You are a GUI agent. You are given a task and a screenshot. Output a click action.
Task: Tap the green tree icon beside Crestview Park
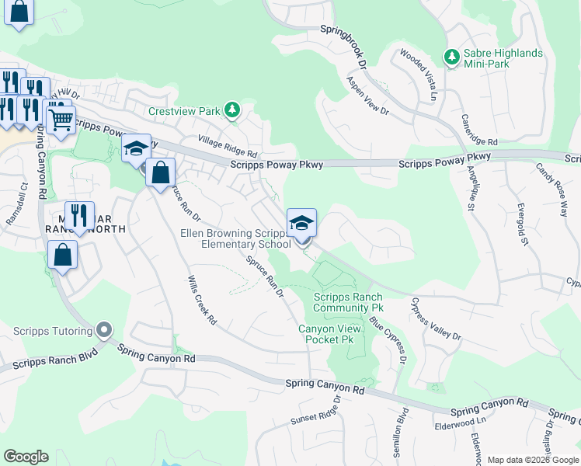click(231, 111)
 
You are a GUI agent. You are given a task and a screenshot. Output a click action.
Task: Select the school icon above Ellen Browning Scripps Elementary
click(301, 224)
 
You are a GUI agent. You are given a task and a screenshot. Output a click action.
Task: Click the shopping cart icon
click(61, 120)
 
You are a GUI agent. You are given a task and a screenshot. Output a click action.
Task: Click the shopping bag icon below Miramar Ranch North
click(62, 255)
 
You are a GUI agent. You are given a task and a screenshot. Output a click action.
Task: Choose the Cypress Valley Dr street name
click(436, 319)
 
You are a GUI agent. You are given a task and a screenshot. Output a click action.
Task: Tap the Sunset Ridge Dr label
click(316, 412)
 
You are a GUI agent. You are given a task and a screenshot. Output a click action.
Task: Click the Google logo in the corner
click(26, 457)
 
